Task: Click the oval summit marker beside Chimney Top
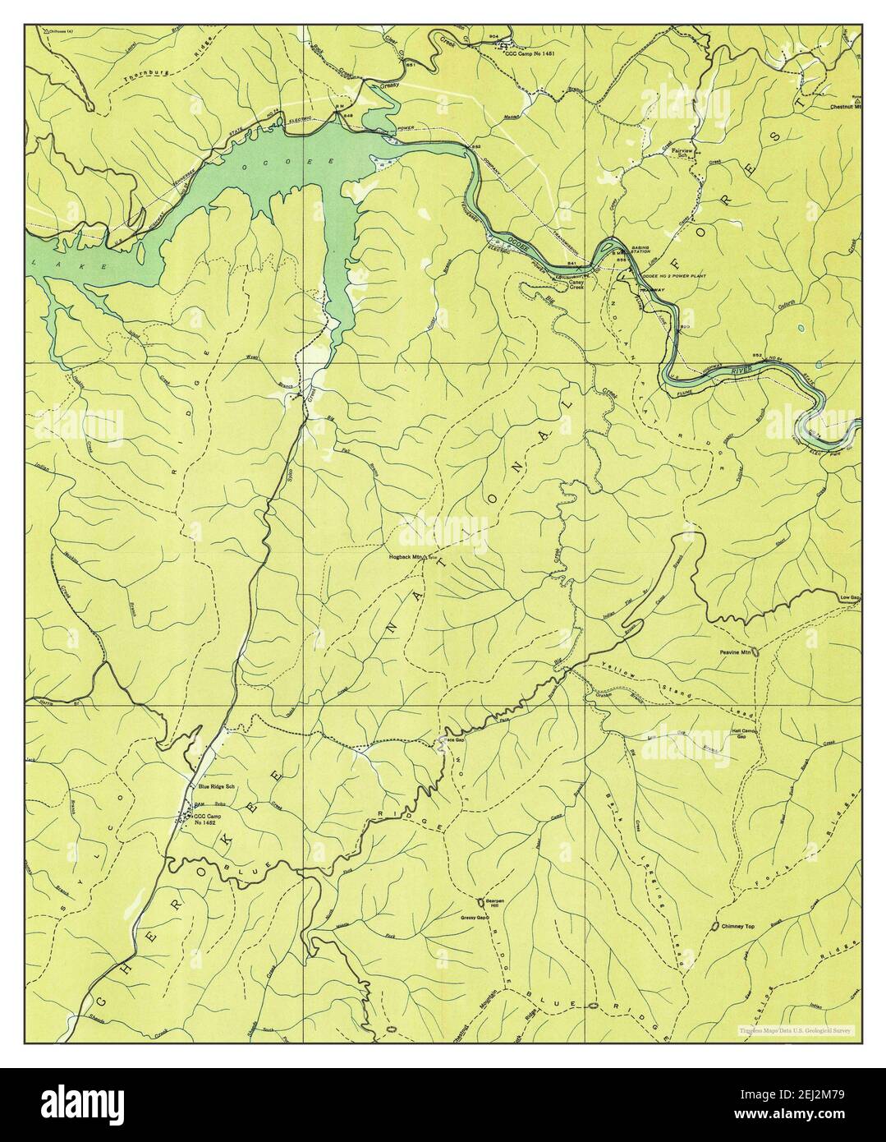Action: coord(715,927)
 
